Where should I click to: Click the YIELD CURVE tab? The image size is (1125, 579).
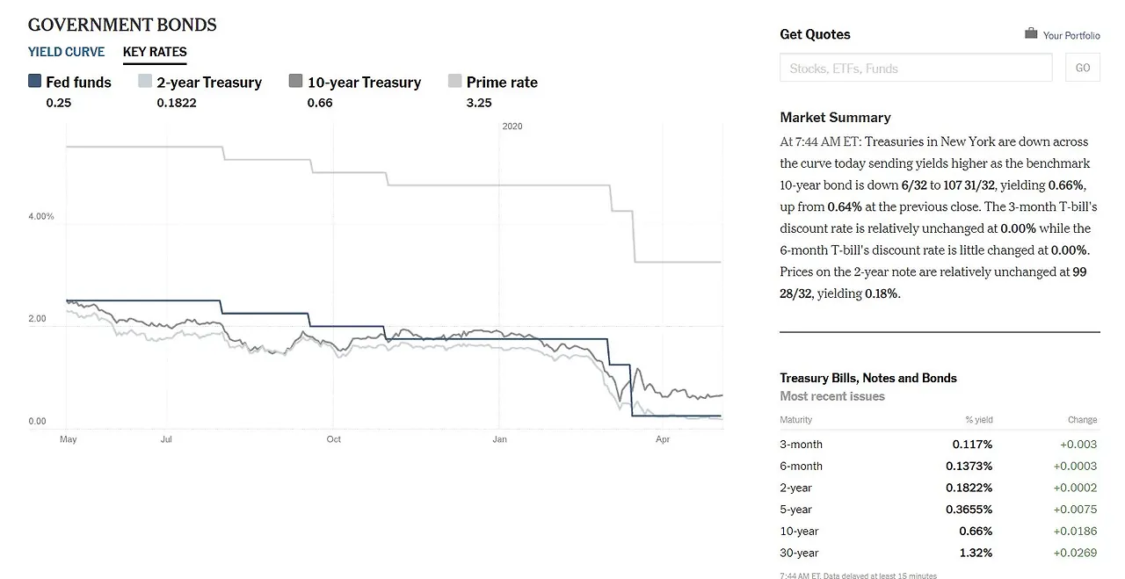[66, 52]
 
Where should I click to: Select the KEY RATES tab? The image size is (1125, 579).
[155, 52]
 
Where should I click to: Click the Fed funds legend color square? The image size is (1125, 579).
[35, 81]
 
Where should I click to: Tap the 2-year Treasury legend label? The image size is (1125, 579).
[209, 83]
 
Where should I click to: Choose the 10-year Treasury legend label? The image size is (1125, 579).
[364, 83]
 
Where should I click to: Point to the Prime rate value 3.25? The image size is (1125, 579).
[479, 103]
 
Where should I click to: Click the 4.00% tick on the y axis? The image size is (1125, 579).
[41, 216]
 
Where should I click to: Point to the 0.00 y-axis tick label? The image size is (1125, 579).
[37, 421]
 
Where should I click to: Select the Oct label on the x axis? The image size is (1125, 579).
[333, 438]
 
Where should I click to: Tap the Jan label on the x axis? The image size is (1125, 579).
[499, 438]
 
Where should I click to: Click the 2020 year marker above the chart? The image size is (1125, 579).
[512, 127]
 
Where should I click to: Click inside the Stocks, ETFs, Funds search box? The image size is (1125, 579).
[915, 68]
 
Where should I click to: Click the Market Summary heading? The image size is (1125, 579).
[835, 117]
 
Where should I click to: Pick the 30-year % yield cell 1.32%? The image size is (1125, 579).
[976, 553]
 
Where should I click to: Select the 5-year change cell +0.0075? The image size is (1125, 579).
[1075, 510]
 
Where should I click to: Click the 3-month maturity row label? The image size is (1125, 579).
[801, 445]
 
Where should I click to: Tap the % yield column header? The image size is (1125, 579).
[978, 420]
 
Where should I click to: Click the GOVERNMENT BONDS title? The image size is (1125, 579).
[122, 25]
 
